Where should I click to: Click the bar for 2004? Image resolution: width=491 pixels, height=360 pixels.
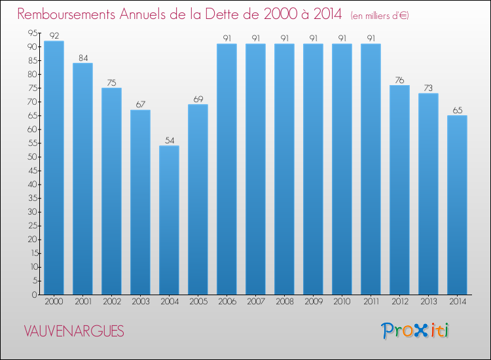[x=169, y=220]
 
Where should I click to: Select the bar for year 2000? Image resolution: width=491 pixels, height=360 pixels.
[x=54, y=168]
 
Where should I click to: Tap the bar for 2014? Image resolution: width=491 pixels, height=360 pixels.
[x=457, y=205]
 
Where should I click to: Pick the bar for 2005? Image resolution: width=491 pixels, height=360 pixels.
[x=198, y=199]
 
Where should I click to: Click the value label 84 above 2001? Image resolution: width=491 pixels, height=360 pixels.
[x=82, y=58]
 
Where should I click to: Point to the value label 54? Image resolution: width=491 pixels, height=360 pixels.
[x=169, y=140]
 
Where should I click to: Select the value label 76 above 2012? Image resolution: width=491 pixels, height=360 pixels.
[x=399, y=80]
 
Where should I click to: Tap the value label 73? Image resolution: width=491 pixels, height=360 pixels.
[x=428, y=88]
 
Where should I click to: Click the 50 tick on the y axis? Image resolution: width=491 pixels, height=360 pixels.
[x=31, y=157]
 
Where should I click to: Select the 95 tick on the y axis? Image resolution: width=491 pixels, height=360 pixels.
[x=31, y=33]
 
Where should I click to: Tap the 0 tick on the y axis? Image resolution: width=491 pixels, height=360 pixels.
[x=33, y=295]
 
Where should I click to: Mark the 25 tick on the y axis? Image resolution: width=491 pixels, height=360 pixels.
[x=31, y=226]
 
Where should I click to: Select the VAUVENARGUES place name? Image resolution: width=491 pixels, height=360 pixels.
[x=73, y=331]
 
